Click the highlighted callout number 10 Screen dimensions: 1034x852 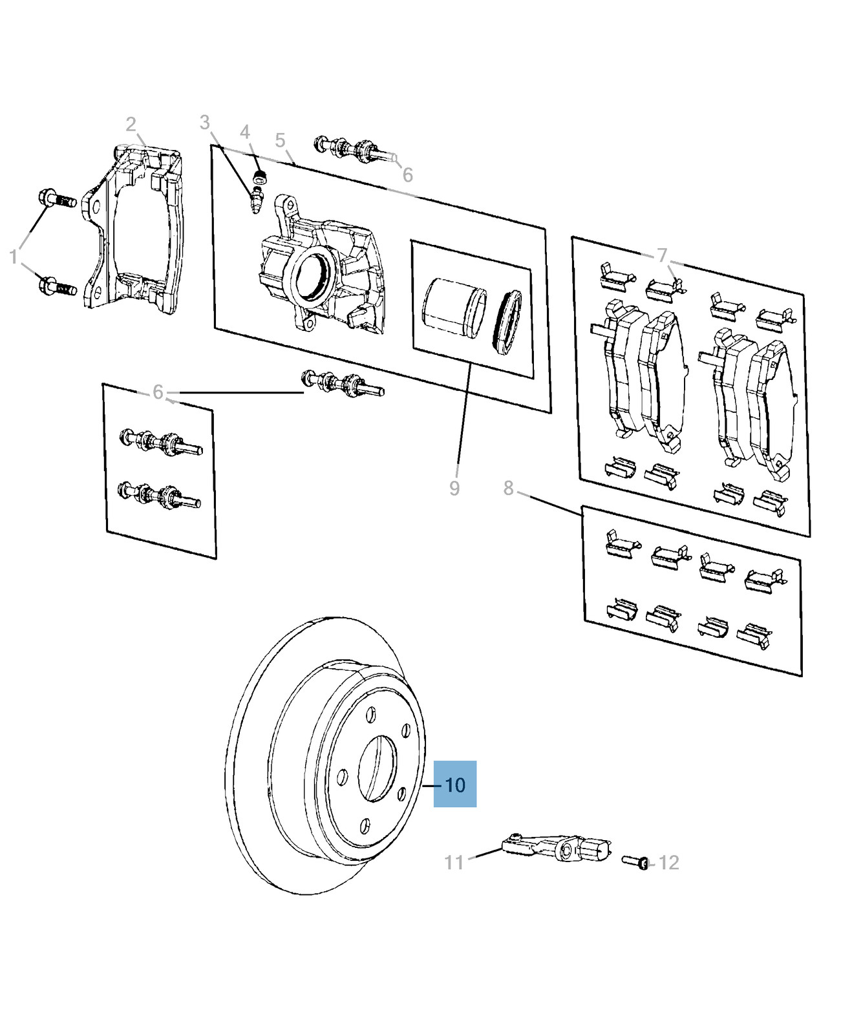455,785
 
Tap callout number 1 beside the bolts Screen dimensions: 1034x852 14,257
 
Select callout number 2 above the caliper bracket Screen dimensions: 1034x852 131,124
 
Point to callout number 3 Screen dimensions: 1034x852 205,122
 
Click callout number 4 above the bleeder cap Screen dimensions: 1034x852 244,132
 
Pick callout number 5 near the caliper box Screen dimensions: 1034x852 280,140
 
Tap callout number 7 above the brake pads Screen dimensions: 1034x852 661,255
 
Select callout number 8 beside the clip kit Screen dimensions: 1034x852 509,488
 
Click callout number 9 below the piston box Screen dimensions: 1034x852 454,489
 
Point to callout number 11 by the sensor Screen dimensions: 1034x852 454,862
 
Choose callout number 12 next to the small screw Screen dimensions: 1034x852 668,863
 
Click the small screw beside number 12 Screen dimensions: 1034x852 635,861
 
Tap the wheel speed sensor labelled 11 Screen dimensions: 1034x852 558,847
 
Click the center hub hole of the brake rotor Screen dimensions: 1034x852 377,768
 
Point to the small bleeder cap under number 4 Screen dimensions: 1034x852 261,177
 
